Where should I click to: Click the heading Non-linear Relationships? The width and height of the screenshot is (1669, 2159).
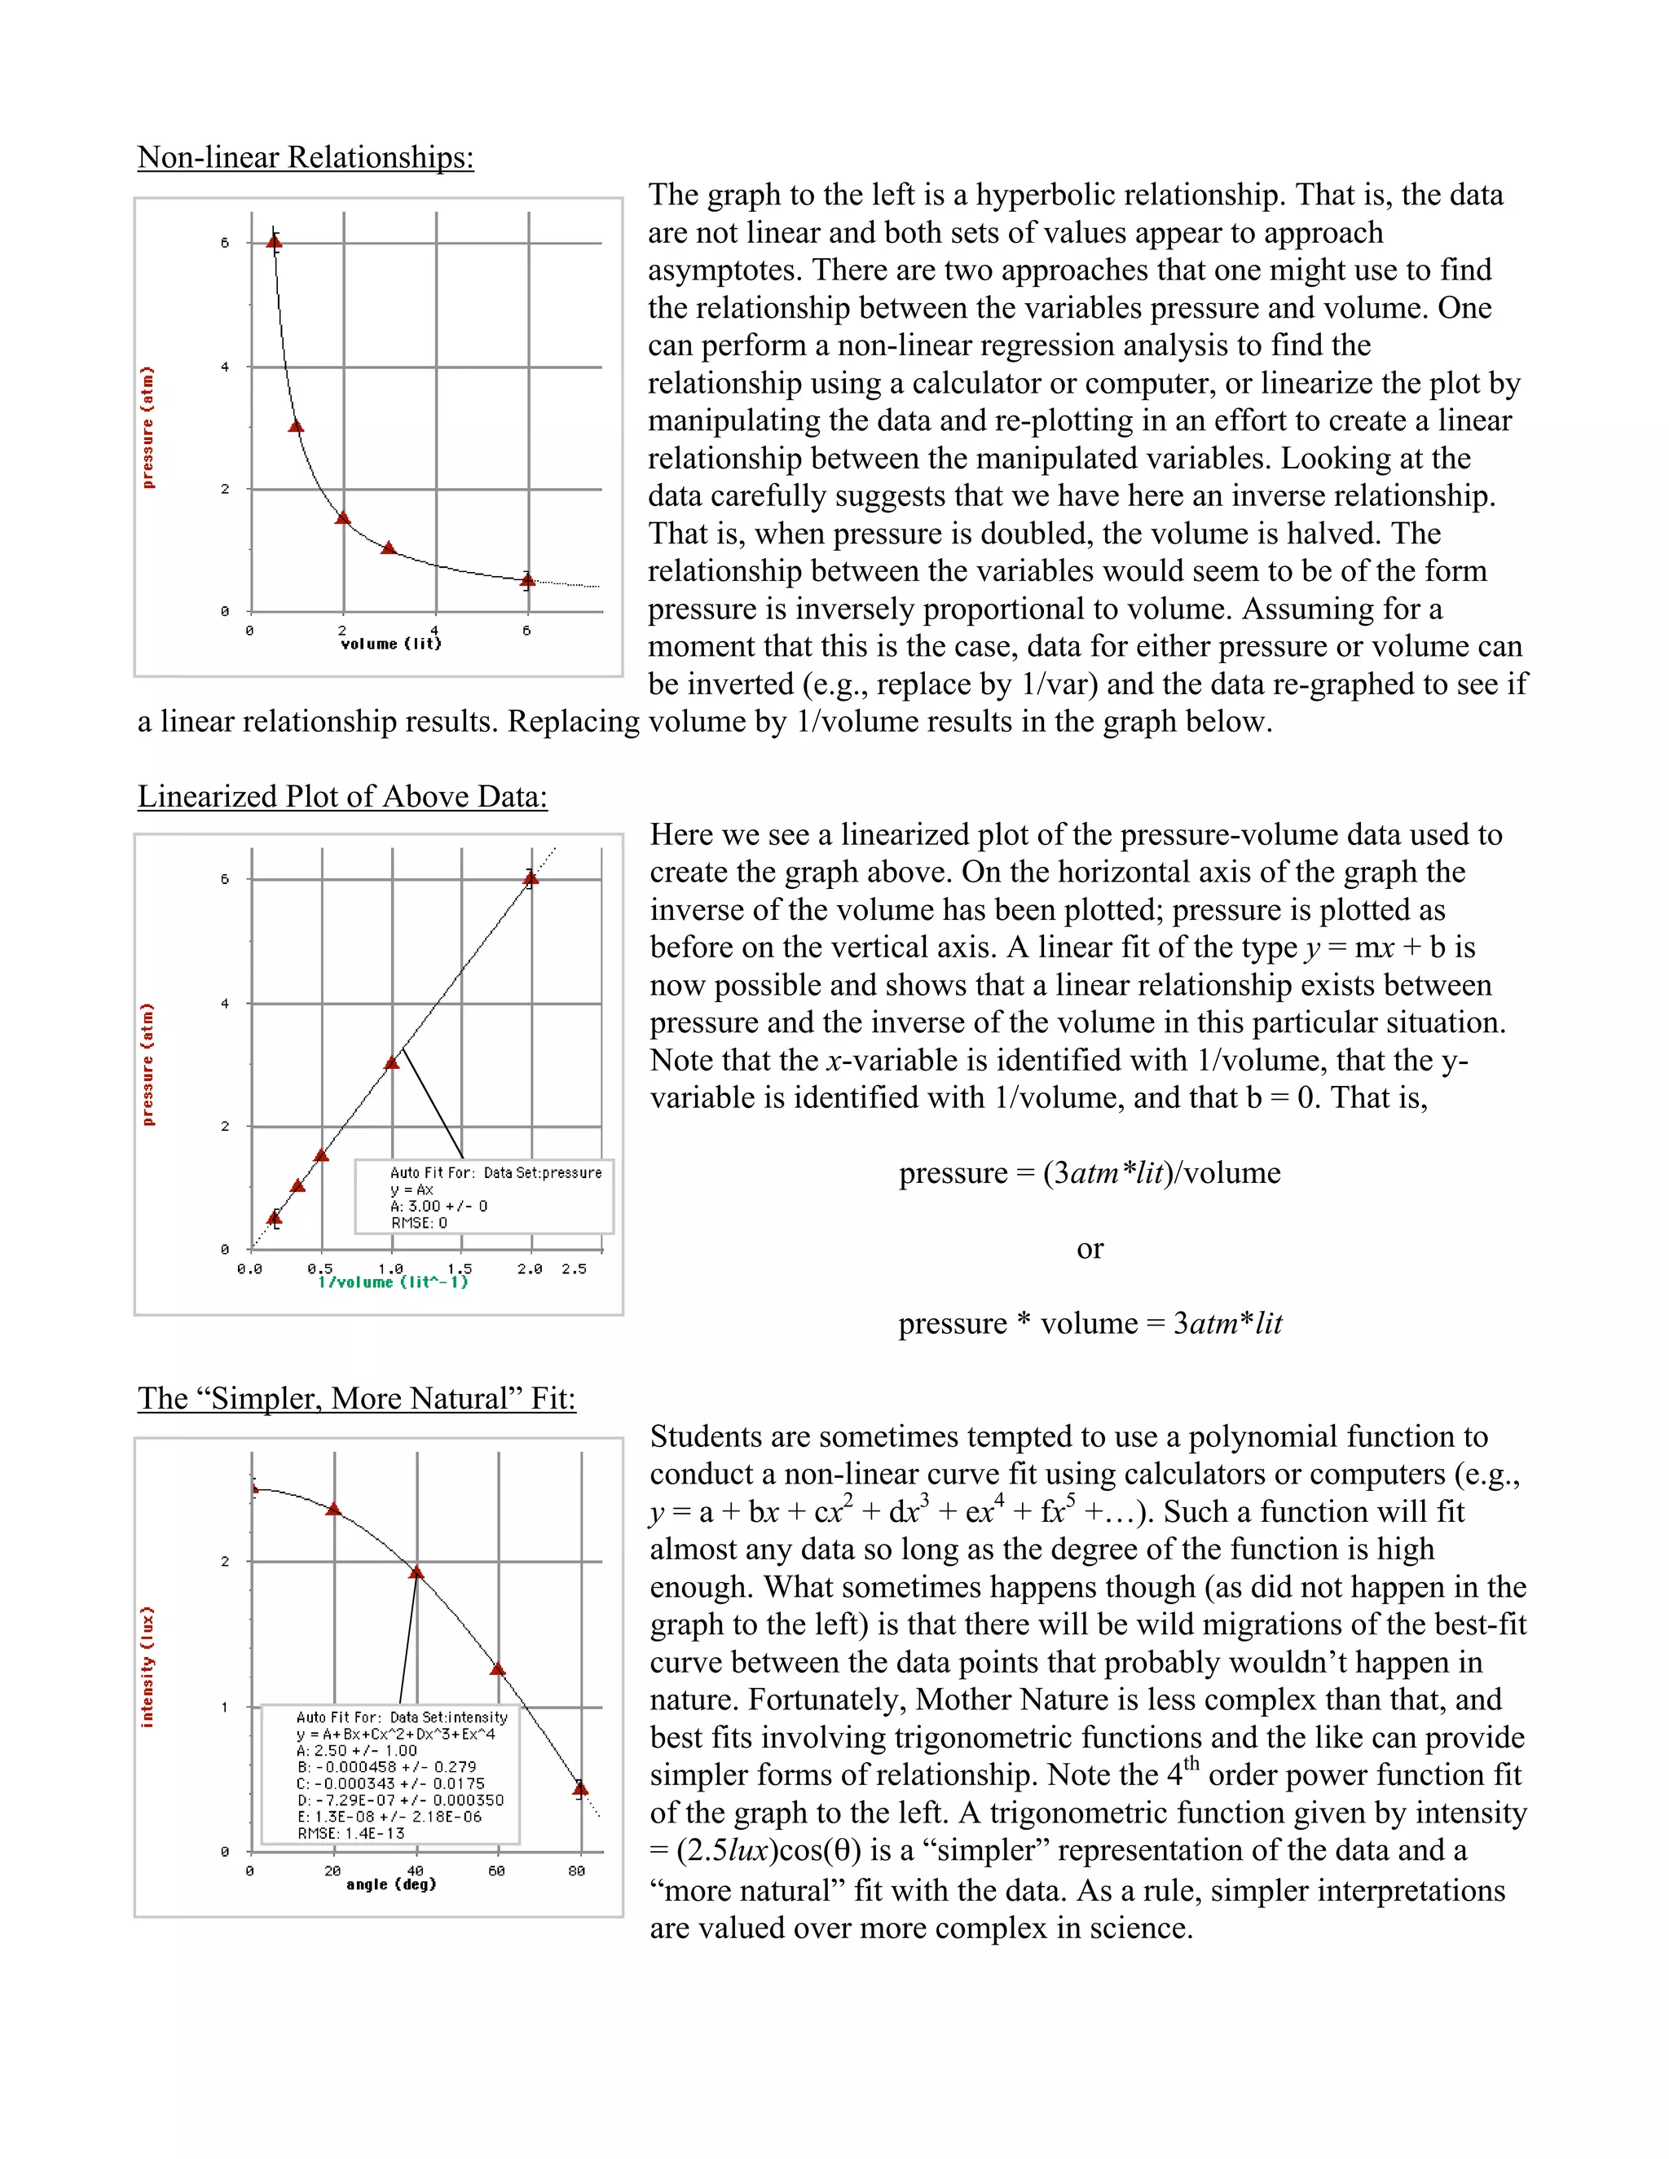point(306,157)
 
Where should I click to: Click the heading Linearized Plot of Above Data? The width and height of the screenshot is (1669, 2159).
point(342,797)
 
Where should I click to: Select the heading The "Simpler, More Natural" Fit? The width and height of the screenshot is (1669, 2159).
point(356,1399)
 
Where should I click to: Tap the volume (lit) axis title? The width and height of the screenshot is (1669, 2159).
point(390,644)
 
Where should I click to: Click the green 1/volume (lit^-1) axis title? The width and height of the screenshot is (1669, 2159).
point(393,1282)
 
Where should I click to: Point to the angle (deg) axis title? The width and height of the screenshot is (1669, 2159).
point(390,1884)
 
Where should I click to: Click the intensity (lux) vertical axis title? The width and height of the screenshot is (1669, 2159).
point(148,1667)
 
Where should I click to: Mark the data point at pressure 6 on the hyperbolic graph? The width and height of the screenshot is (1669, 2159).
point(275,240)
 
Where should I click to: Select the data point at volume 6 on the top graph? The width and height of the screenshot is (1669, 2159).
point(528,580)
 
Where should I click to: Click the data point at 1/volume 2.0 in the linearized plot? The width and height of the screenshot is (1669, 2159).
point(531,877)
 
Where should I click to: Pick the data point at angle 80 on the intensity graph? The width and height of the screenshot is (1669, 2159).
point(580,1788)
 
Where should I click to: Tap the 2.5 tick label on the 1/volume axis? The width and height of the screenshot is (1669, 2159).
point(574,1269)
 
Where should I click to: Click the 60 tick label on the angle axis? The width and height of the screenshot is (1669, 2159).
point(496,1871)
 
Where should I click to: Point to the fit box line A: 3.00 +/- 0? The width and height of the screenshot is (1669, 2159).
point(438,1206)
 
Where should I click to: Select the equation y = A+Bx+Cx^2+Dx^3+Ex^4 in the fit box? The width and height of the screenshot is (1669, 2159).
point(395,1734)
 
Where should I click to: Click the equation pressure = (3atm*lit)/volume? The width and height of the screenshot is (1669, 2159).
point(1089,1173)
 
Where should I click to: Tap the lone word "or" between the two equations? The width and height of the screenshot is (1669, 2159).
point(1090,1248)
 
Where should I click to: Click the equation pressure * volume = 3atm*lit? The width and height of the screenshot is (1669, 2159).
point(1089,1324)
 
